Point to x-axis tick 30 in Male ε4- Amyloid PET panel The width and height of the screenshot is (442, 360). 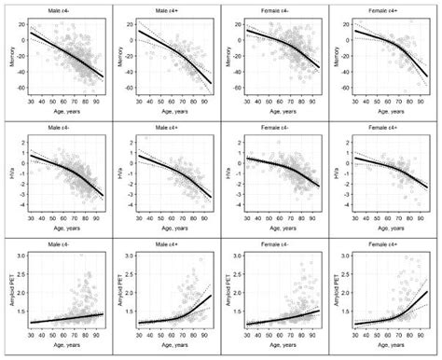(30, 341)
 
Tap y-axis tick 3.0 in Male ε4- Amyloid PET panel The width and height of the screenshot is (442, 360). (18, 254)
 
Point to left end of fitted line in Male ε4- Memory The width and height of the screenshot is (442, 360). (30, 34)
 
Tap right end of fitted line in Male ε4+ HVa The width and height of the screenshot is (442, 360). (211, 196)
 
